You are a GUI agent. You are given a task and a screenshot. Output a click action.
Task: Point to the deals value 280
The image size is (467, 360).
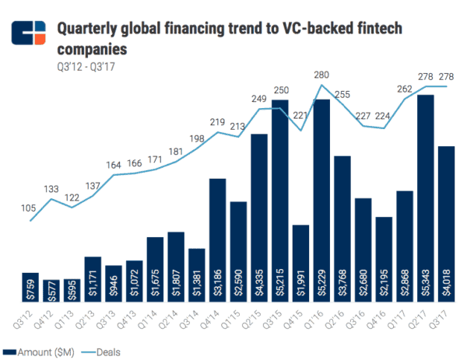tap(321, 75)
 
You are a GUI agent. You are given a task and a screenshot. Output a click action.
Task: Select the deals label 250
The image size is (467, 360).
tap(279, 91)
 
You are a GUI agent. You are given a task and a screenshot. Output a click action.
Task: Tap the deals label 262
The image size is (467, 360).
tap(405, 89)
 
